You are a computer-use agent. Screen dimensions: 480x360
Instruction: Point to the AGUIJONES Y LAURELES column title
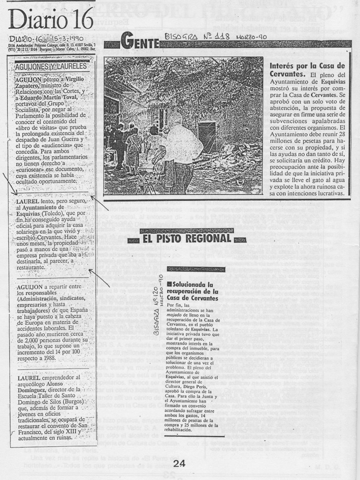coord(51,65)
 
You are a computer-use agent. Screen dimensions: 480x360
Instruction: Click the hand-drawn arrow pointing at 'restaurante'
coord(100,277)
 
